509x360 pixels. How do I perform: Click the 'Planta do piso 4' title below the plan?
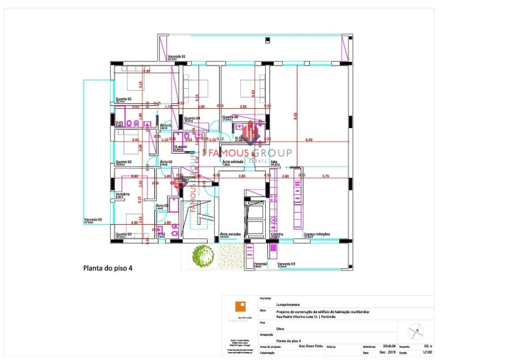click(x=109, y=269)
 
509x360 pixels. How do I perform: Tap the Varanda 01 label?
click(x=177, y=56)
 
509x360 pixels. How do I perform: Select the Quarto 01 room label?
click(x=124, y=99)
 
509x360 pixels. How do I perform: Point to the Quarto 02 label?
click(x=124, y=162)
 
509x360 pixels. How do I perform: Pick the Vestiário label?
click(x=122, y=194)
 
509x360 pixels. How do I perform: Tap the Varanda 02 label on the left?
click(x=93, y=220)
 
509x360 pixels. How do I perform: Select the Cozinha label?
click(x=277, y=234)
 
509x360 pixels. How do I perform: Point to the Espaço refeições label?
click(x=315, y=234)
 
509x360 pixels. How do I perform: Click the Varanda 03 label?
click(x=286, y=264)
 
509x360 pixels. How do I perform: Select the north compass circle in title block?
click(x=416, y=332)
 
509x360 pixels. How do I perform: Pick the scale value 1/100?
click(x=427, y=352)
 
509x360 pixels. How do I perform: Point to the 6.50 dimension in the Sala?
click(x=309, y=140)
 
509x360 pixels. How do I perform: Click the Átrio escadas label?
click(x=230, y=234)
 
